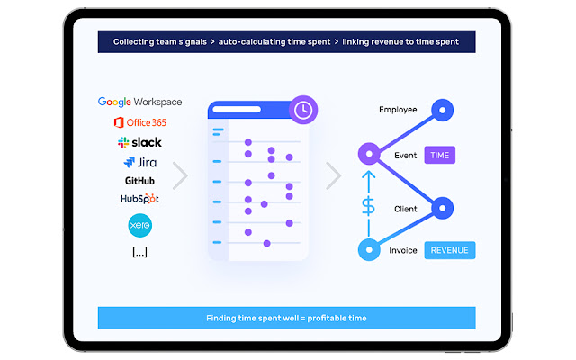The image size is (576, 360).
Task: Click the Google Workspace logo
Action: [x=139, y=103]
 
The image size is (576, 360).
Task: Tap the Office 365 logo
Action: [x=139, y=122]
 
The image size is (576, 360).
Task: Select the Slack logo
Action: [x=139, y=143]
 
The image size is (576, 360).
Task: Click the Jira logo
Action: [x=139, y=163]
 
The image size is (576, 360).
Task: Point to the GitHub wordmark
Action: [x=139, y=181]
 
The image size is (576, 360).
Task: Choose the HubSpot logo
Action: [x=139, y=199]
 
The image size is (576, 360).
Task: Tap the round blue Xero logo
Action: [x=140, y=224]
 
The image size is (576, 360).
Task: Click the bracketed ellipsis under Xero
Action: [x=139, y=252]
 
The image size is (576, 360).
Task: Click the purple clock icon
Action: [x=303, y=110]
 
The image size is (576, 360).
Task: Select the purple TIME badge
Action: [x=440, y=155]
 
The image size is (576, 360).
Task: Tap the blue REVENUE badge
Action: [x=449, y=250]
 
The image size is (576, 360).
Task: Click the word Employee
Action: [x=398, y=110]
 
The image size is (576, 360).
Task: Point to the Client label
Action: [x=405, y=209]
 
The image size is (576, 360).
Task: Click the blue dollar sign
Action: [x=368, y=205]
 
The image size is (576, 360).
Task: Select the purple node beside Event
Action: [x=367, y=154]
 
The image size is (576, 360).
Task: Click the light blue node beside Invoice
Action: [x=367, y=249]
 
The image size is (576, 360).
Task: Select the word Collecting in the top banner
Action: [x=137, y=42]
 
